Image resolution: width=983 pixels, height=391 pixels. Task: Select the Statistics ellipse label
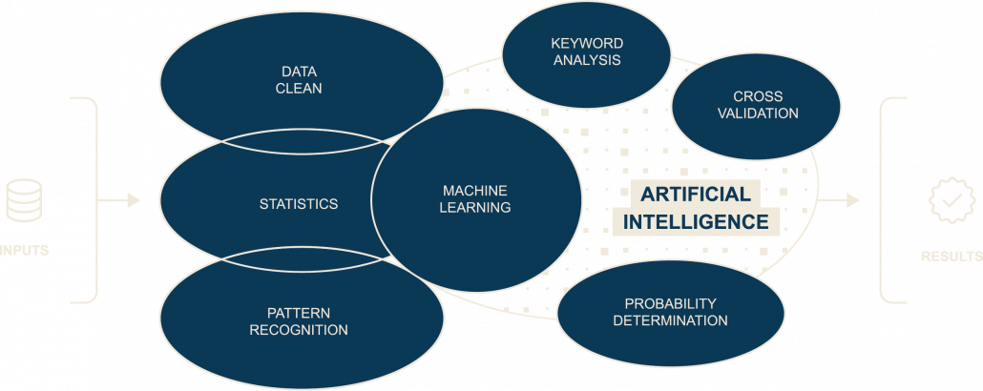click(299, 204)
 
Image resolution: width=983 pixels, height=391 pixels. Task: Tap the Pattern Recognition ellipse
click(299, 320)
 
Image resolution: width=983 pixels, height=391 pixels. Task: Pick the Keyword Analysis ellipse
click(586, 51)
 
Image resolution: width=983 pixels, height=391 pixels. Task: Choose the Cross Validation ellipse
click(758, 105)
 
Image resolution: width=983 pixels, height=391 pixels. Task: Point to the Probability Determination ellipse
click(670, 312)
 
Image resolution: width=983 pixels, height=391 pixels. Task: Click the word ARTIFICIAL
click(695, 194)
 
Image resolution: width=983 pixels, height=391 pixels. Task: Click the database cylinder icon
click(23, 200)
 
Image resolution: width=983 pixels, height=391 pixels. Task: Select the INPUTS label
click(24, 251)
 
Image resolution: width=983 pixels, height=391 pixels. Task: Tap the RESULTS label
click(951, 257)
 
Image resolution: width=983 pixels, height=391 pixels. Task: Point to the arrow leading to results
click(840, 200)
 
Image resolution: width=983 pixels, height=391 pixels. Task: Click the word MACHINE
click(475, 191)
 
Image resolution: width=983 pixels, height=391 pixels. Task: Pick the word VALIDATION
click(758, 113)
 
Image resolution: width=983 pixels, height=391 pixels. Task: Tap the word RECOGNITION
click(299, 330)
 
